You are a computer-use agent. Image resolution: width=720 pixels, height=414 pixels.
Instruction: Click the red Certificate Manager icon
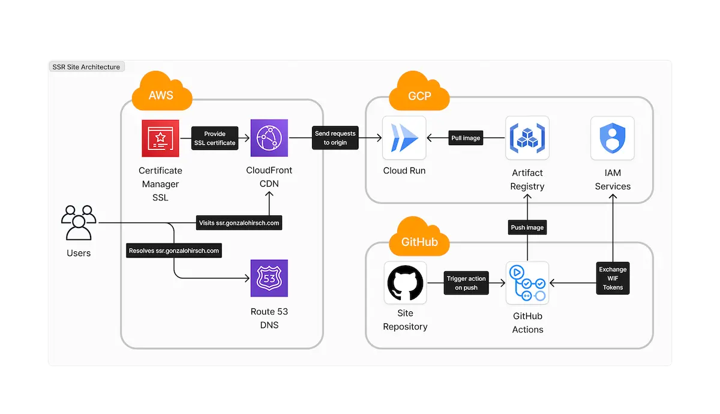160,138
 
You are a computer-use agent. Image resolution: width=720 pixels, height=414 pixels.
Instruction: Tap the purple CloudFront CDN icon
269,138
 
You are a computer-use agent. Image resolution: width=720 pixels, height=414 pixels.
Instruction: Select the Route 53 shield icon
269,278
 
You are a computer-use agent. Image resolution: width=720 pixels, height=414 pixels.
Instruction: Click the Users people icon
79,223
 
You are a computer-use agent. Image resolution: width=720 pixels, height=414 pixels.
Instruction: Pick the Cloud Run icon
404,138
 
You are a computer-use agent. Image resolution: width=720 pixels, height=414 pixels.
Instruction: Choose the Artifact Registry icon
527,138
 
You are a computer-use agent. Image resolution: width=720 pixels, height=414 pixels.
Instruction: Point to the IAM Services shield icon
613,138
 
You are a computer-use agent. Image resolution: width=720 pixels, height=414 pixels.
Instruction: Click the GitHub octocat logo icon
406,283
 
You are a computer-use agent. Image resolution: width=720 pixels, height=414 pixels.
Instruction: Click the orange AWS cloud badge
161,94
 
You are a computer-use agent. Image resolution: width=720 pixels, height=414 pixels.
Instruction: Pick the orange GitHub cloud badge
419,239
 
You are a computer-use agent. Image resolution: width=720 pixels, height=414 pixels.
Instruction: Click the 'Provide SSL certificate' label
214,138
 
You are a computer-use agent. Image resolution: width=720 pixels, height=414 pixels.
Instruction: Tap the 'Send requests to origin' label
335,138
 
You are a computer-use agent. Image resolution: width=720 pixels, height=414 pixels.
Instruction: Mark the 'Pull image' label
466,138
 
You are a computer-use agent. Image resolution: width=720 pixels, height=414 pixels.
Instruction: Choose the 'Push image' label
527,227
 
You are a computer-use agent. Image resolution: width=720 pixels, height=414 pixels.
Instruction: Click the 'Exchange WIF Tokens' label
613,278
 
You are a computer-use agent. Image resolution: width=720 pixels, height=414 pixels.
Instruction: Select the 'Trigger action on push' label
466,283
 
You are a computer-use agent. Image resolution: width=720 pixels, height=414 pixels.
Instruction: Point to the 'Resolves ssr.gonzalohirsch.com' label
174,250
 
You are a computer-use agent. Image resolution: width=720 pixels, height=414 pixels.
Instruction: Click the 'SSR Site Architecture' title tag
86,67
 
